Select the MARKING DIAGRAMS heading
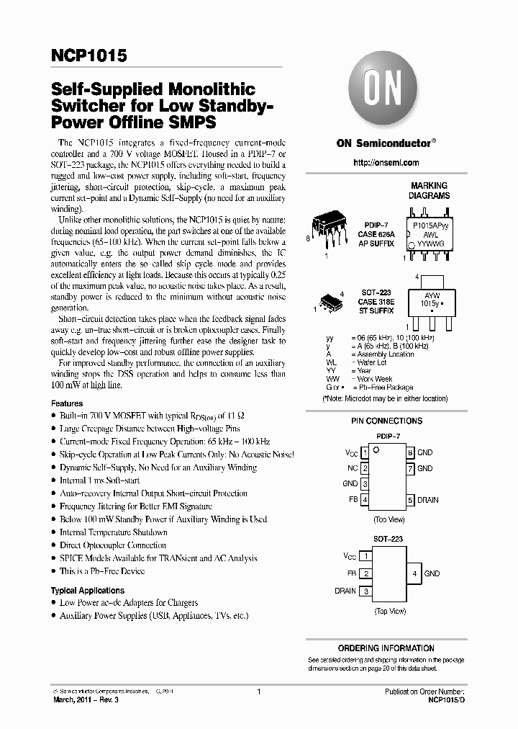coord(429,190)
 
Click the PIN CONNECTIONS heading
coord(386,421)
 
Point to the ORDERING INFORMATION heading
coord(386,648)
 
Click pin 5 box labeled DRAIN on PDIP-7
coord(410,500)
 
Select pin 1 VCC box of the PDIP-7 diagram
coord(365,453)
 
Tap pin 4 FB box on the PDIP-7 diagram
coord(365,500)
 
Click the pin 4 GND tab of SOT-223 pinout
coord(414,573)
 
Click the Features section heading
coord(66,403)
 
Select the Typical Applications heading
coord(88,591)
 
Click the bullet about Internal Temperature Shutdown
coord(113,532)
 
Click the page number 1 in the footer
coord(258,692)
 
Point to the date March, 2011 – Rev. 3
coord(88,700)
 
